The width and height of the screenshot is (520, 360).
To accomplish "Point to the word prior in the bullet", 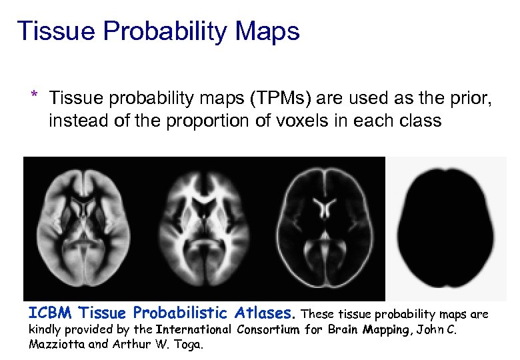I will click(470, 100).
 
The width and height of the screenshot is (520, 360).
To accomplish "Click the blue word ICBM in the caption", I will click(49, 313).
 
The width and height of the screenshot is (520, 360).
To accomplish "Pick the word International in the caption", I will click(194, 329).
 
